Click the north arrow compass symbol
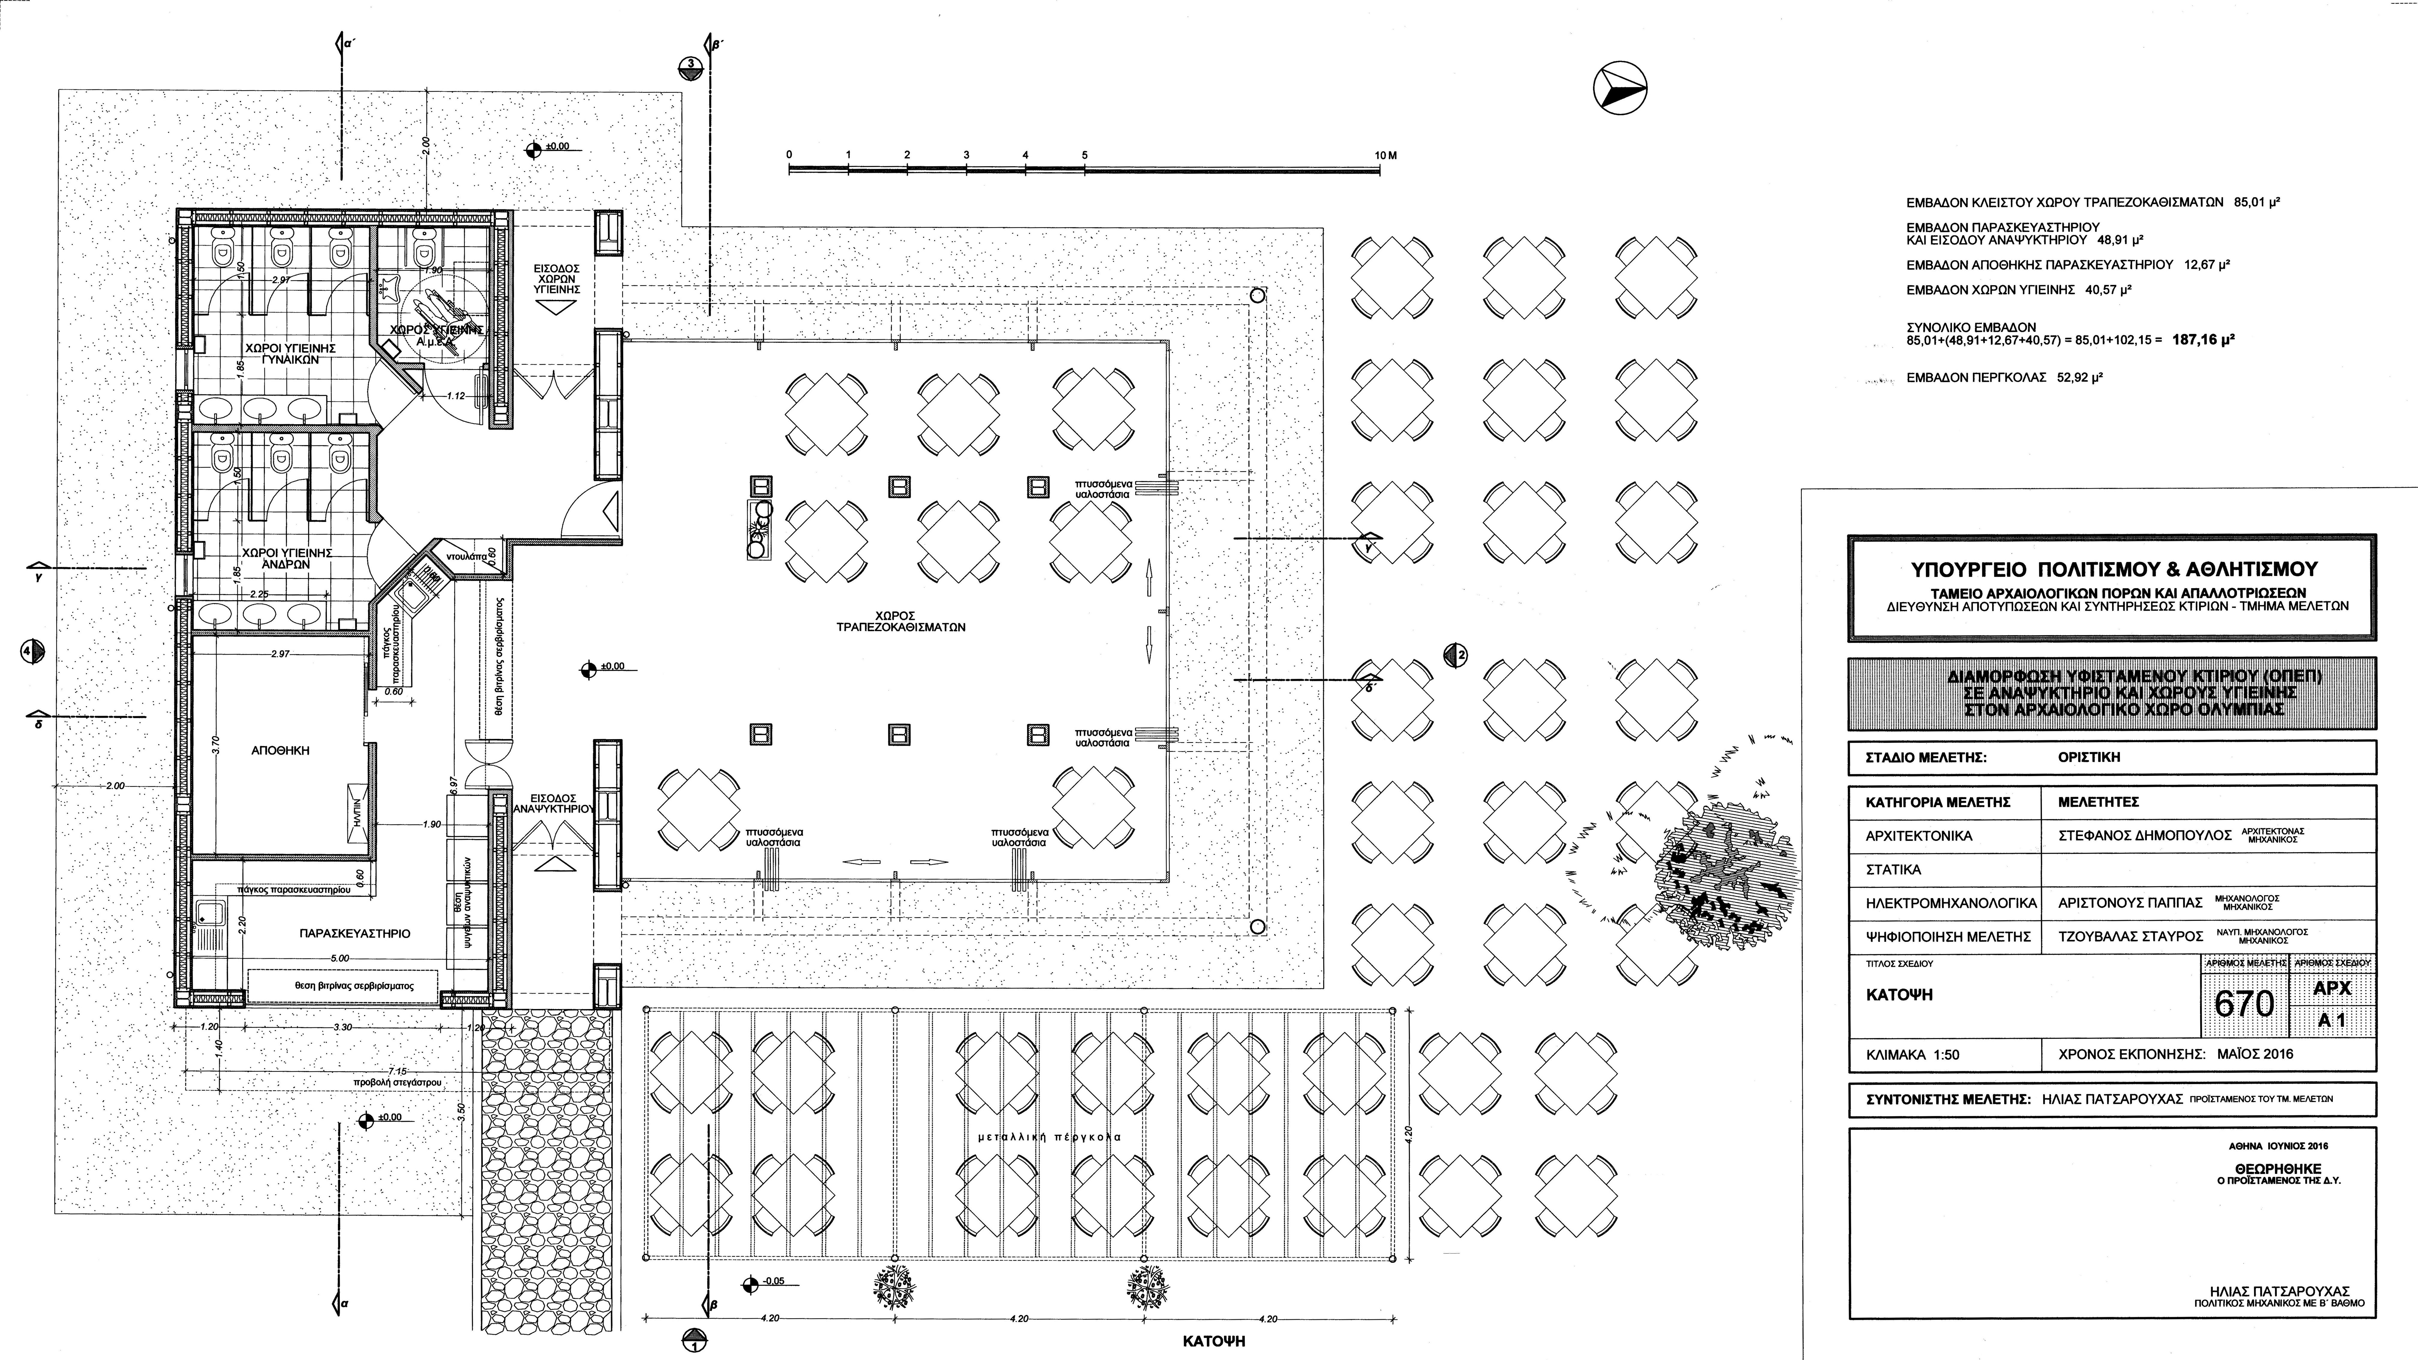(1621, 90)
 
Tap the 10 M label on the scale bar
(1385, 155)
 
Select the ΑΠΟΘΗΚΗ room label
(281, 751)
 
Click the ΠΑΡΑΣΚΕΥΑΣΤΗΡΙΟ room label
(355, 934)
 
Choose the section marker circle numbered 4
(33, 650)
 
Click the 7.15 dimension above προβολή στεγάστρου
(397, 1071)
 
